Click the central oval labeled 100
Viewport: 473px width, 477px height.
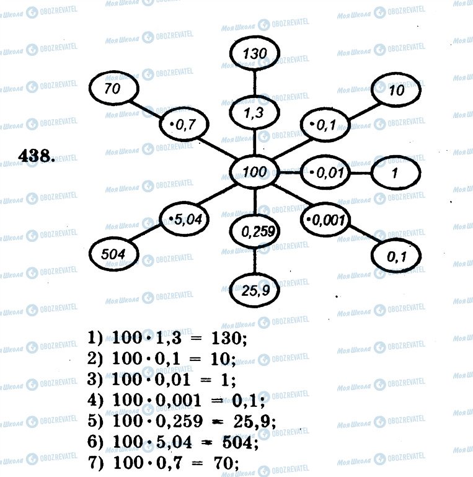(254, 171)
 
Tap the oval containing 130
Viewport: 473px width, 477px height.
(255, 54)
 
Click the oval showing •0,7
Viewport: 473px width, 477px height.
(182, 127)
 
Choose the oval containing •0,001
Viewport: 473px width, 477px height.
(325, 218)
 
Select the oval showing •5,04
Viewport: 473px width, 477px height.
(183, 218)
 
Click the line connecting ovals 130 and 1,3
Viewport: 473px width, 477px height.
(255, 83)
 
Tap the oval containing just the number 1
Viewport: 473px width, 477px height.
(395, 173)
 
